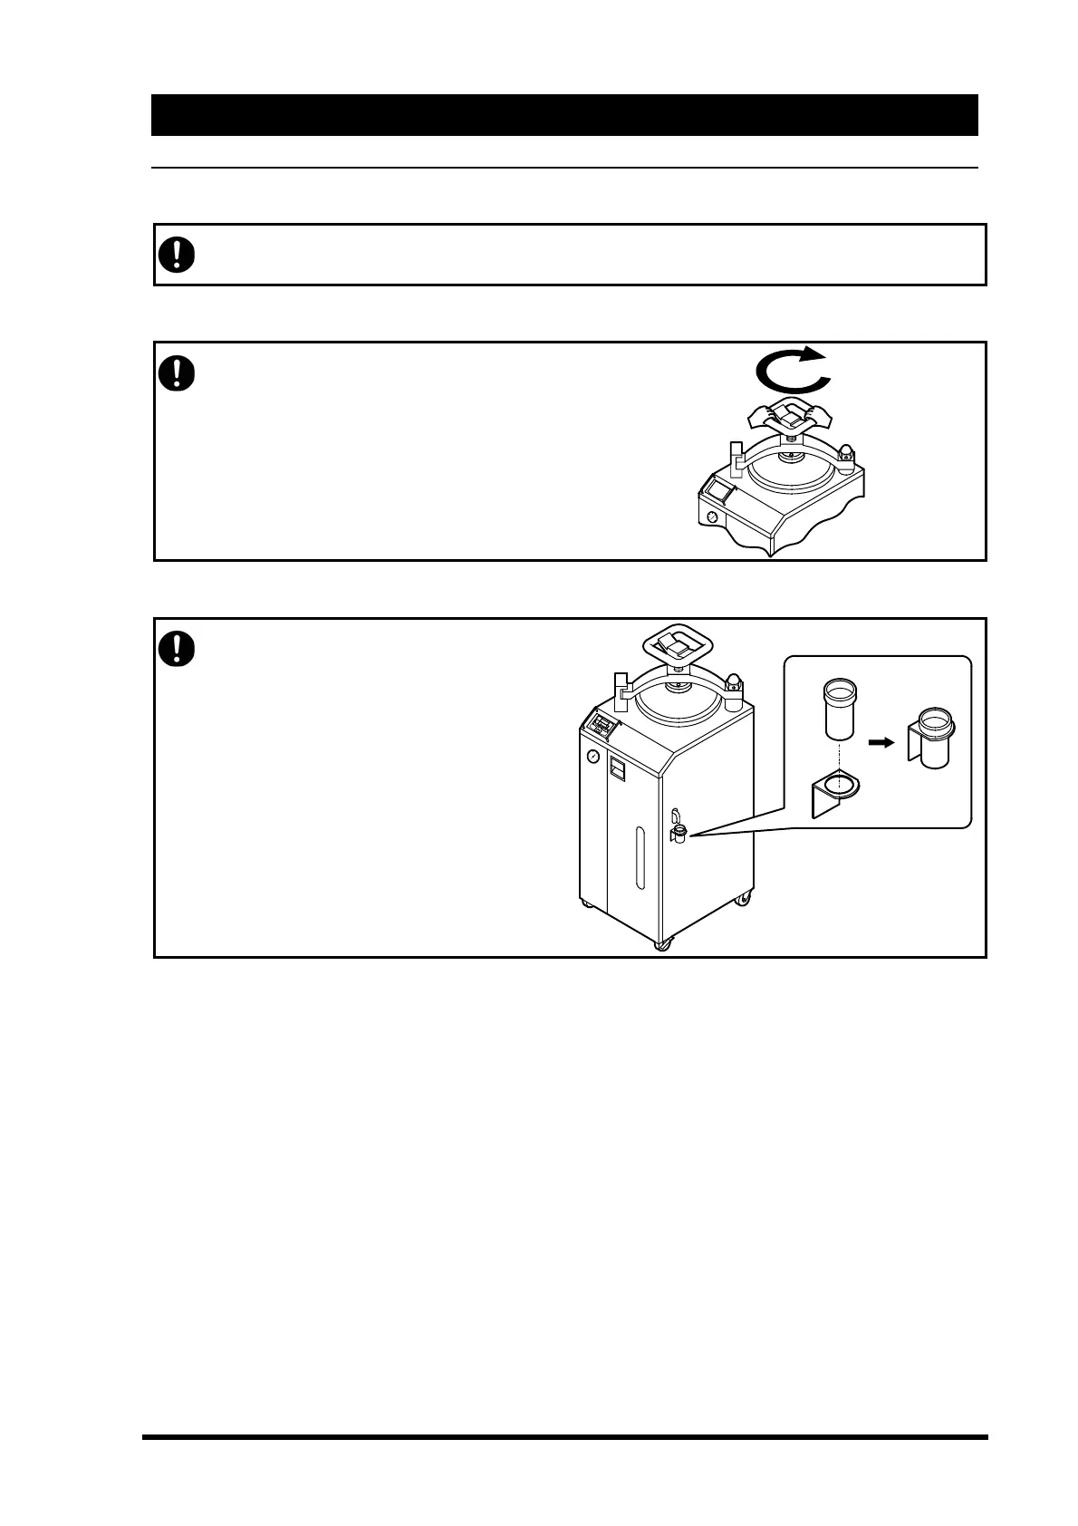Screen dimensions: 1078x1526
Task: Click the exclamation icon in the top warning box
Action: pyautogui.click(x=177, y=254)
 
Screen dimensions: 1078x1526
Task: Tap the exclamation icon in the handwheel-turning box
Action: pyautogui.click(x=177, y=372)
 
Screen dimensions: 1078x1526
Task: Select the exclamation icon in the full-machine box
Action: pyautogui.click(x=177, y=649)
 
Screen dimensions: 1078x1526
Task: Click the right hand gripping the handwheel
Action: pyautogui.click(x=821, y=413)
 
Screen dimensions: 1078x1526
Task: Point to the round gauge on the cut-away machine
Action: pyautogui.click(x=711, y=517)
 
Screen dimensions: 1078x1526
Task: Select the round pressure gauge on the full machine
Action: pyautogui.click(x=592, y=756)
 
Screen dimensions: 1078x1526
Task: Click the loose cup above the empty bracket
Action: pyautogui.click(x=839, y=711)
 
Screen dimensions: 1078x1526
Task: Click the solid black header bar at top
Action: pyautogui.click(x=564, y=115)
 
